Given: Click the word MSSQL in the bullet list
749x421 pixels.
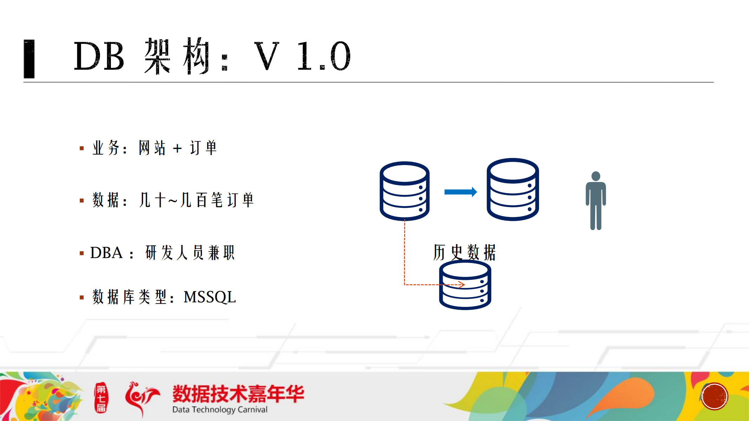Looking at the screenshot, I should click(x=210, y=297).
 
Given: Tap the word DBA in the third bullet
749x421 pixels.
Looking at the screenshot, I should click(x=106, y=253).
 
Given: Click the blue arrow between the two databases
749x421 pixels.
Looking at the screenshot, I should click(x=460, y=192).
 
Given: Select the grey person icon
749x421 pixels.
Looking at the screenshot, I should click(x=596, y=200).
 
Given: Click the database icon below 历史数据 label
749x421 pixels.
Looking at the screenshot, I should click(x=465, y=285).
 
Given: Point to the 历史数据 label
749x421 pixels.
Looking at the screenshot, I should click(x=464, y=252).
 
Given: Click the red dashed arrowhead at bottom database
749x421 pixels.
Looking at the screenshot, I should click(x=462, y=285).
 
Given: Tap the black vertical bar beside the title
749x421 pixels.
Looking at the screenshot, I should click(x=29, y=59).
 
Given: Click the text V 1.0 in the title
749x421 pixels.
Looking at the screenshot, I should click(x=302, y=56).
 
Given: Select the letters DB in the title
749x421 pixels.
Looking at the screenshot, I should click(x=99, y=56).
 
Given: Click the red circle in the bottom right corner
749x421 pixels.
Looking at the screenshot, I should click(x=714, y=396).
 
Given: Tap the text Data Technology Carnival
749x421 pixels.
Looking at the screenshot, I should click(x=220, y=409).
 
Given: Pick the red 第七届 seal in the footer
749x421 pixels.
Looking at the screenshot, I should click(x=101, y=398).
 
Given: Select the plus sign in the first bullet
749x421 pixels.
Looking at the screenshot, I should click(x=177, y=148).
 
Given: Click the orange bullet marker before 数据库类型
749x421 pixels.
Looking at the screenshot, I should click(x=82, y=298).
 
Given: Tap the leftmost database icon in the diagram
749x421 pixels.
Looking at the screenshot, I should click(x=404, y=191).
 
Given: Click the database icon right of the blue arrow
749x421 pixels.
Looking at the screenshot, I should click(x=512, y=190).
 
